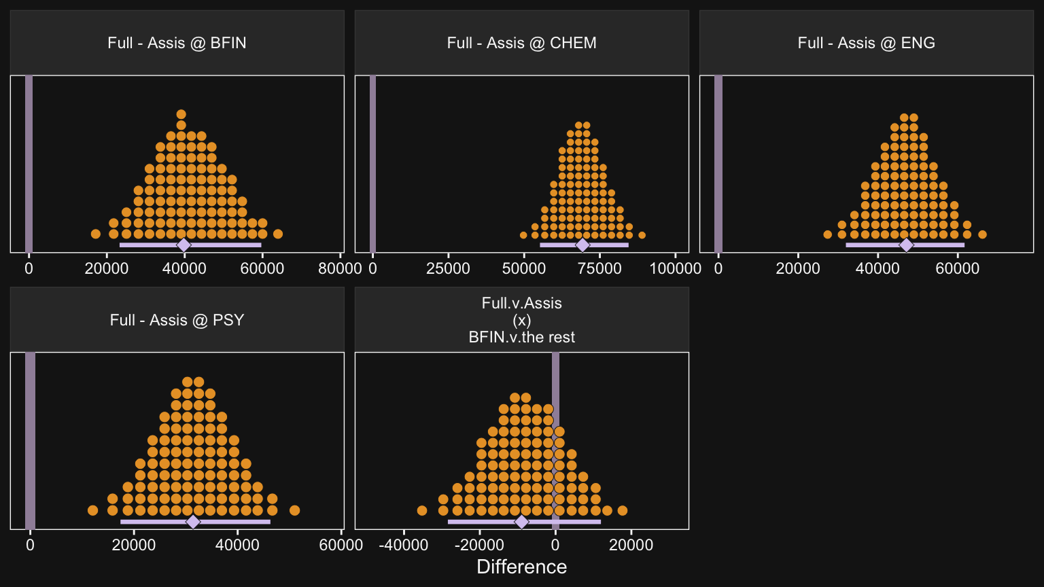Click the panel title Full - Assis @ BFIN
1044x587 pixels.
(x=177, y=43)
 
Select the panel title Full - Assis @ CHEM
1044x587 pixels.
(x=521, y=43)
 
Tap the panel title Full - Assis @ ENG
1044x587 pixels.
(x=866, y=43)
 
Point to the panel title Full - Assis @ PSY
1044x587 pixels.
(x=177, y=320)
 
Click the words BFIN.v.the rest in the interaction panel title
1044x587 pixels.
(x=521, y=337)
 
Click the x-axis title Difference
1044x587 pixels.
(x=521, y=567)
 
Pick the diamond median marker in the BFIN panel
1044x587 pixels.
(x=184, y=245)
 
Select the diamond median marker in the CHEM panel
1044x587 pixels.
(x=582, y=245)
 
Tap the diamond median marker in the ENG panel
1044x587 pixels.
(x=906, y=245)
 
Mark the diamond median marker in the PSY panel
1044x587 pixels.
(x=193, y=522)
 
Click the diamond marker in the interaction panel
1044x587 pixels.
(x=521, y=522)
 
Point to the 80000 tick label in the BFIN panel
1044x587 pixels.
(x=340, y=268)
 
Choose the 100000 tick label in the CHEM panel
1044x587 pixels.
(x=675, y=268)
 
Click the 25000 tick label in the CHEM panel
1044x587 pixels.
(x=448, y=268)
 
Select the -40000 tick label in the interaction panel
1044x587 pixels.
(x=404, y=545)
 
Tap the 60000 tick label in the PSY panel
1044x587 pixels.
(x=341, y=545)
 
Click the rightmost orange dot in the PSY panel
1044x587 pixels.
(x=294, y=510)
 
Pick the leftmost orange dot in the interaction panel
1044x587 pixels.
(x=421, y=510)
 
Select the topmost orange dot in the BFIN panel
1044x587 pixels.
(x=181, y=114)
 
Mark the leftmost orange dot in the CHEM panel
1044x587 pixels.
(x=523, y=235)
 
